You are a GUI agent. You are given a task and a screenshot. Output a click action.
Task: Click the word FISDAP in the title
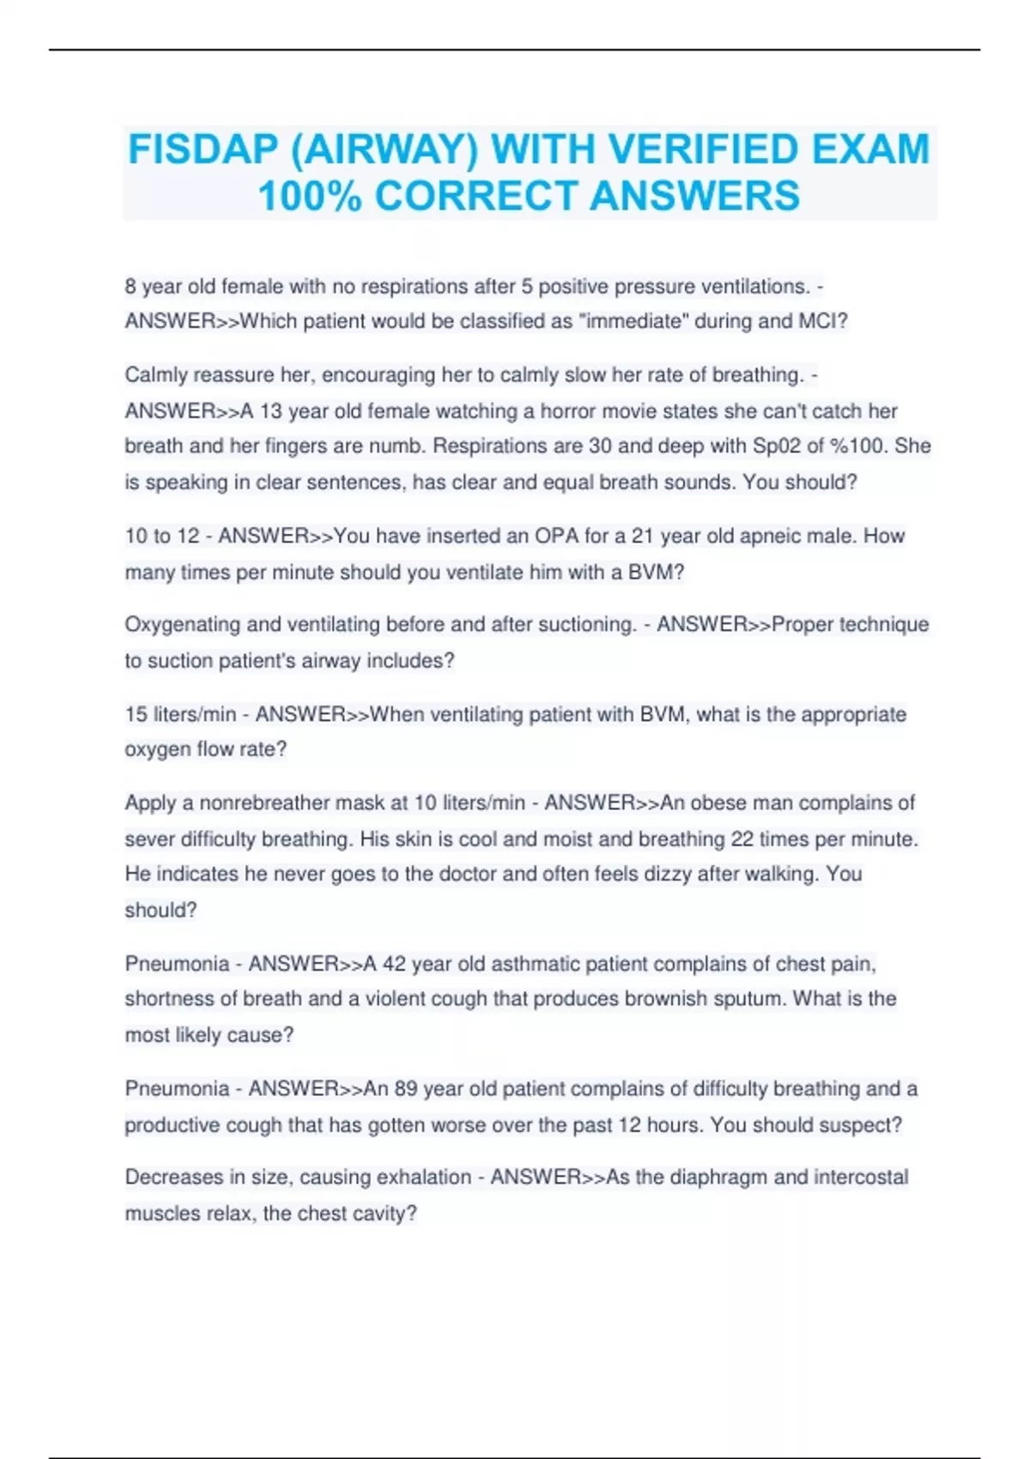click(x=203, y=149)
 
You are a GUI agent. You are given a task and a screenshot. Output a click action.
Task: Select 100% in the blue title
click(x=309, y=196)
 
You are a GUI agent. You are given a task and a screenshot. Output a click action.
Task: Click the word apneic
click(x=766, y=536)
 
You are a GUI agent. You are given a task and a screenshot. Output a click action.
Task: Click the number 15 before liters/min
click(x=136, y=714)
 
